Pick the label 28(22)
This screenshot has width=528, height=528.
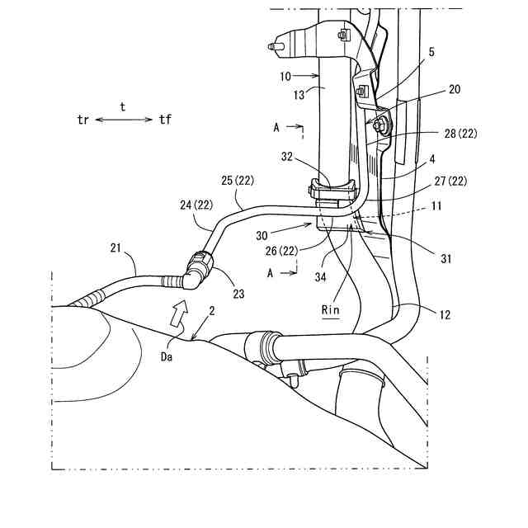[459, 133]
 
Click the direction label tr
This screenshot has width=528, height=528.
[82, 120]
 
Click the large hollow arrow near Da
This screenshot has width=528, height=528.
[177, 312]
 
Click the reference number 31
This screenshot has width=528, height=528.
[446, 259]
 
